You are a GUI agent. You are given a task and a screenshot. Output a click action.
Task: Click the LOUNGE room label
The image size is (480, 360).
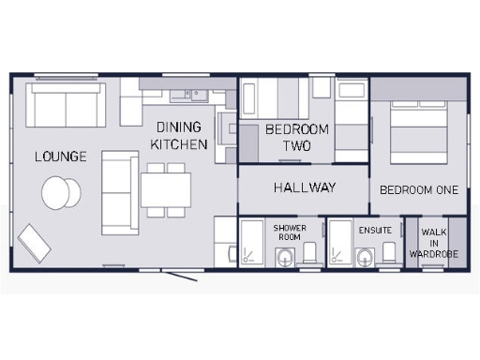point(60,156)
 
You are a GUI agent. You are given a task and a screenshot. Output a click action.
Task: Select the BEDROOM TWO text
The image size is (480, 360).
point(297,137)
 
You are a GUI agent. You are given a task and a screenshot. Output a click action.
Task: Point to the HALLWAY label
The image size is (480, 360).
point(305,187)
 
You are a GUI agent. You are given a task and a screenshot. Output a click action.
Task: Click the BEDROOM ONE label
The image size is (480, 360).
point(419,189)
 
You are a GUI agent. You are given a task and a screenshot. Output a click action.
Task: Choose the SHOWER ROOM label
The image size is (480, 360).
point(290,232)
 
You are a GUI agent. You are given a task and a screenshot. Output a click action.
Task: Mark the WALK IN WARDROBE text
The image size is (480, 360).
point(433,242)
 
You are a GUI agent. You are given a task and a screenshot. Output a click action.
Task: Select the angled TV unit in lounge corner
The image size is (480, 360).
point(35,244)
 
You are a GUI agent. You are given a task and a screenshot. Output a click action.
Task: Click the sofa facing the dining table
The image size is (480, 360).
point(119,191)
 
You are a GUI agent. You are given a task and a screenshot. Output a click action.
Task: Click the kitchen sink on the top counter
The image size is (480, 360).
point(196,93)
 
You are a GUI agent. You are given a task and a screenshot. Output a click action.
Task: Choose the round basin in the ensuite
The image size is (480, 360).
point(365,253)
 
